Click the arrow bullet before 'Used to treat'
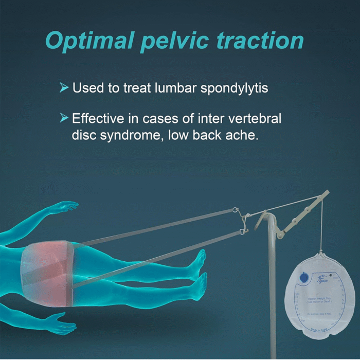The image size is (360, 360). click(x=64, y=88)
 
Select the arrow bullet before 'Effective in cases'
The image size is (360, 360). click(x=64, y=119)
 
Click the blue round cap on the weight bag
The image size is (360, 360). click(x=303, y=277)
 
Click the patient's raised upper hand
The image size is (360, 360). click(x=65, y=207)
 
